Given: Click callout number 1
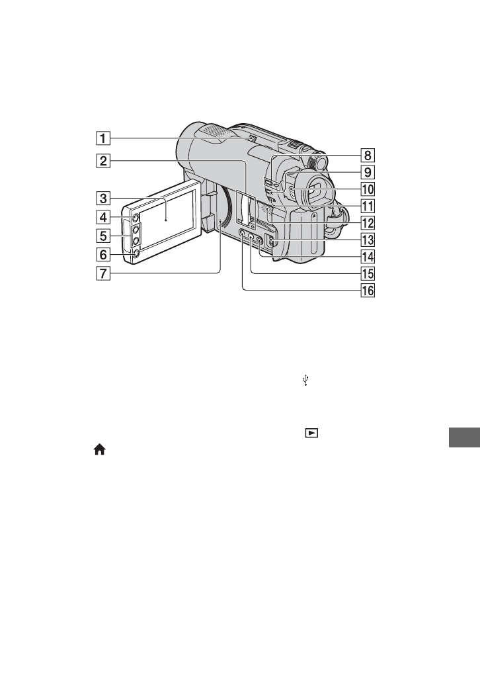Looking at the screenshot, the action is pos(103,138).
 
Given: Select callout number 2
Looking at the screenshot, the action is pos(103,161).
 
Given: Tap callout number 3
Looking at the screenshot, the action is pos(103,199).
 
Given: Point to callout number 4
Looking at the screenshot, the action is pos(103,217).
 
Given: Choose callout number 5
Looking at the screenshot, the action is pos(103,236).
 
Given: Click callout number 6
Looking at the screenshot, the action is pos(103,254).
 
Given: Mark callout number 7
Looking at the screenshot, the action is pos(103,273).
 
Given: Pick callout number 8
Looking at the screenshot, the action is pos(368,155).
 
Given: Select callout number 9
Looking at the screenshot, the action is pos(368,172).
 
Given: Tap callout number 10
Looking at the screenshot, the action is pos(368,189).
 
